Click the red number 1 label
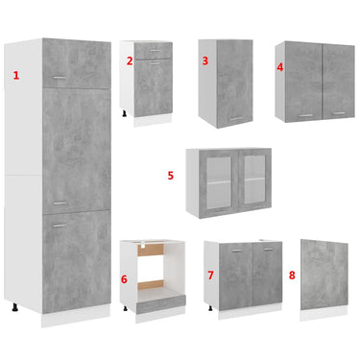tap(16, 76)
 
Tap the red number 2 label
tap(130, 60)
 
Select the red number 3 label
tap(205, 60)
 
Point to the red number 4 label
tap(280, 67)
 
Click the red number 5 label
tap(171, 176)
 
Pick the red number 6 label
tap(124, 279)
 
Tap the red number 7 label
tap(210, 276)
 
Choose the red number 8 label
tap(292, 276)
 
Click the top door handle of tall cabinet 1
tap(60, 77)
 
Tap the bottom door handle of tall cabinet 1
tap(60, 226)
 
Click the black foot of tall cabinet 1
tap(14, 308)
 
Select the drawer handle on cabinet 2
tap(155, 50)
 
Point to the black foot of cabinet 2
tap(125, 113)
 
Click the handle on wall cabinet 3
tap(236, 119)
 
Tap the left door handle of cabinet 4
tap(306, 115)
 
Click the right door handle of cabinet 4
tap(338, 113)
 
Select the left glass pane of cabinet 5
tap(219, 180)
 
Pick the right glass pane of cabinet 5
tap(254, 179)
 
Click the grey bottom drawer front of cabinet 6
tap(161, 305)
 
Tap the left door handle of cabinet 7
tap(237, 252)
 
